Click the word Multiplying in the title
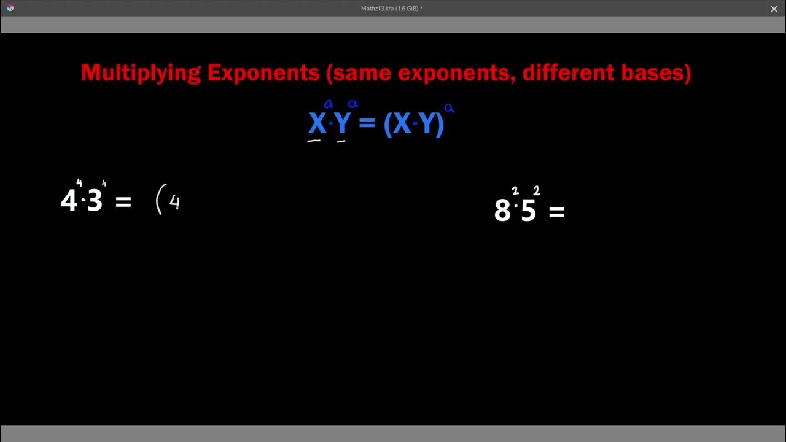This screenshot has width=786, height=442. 141,73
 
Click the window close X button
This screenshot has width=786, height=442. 774,9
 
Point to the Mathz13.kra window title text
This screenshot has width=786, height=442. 391,9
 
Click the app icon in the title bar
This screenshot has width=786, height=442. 9,8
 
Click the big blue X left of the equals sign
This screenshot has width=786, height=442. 317,124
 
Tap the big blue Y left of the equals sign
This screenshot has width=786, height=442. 342,124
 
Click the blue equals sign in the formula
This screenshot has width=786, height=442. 367,124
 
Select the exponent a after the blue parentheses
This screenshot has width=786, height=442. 449,109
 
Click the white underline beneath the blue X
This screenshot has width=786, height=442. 314,141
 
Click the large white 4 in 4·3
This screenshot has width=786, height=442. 69,201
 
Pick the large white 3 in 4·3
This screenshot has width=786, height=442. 95,201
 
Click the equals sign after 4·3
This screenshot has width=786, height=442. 123,202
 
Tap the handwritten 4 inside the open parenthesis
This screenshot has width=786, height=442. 174,203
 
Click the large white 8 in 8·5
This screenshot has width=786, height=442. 502,211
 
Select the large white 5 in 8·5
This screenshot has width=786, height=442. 528,211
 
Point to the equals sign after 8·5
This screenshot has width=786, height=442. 556,212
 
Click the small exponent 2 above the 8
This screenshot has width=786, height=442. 515,192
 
